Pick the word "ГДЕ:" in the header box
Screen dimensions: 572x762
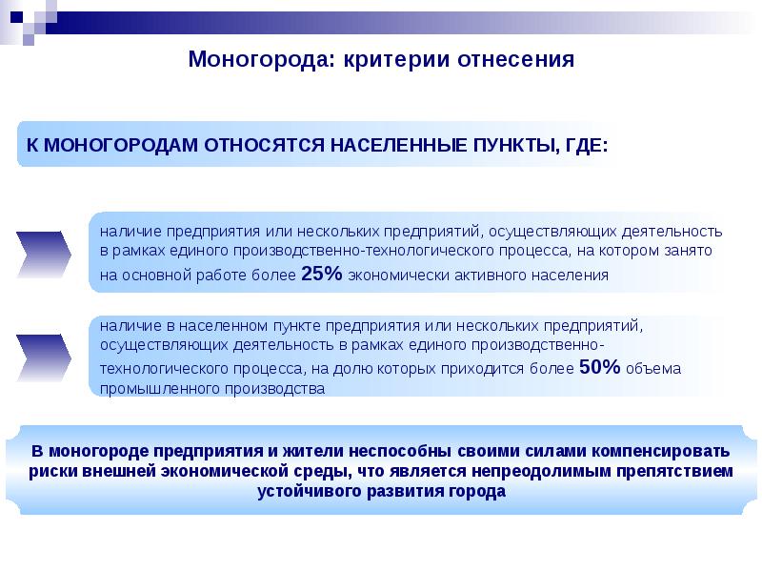(x=582, y=146)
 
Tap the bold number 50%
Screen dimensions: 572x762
(x=600, y=368)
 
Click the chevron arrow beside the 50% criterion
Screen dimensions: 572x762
(x=45, y=357)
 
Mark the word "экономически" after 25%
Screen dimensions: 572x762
(x=390, y=276)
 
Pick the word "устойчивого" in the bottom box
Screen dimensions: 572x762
(x=307, y=492)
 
